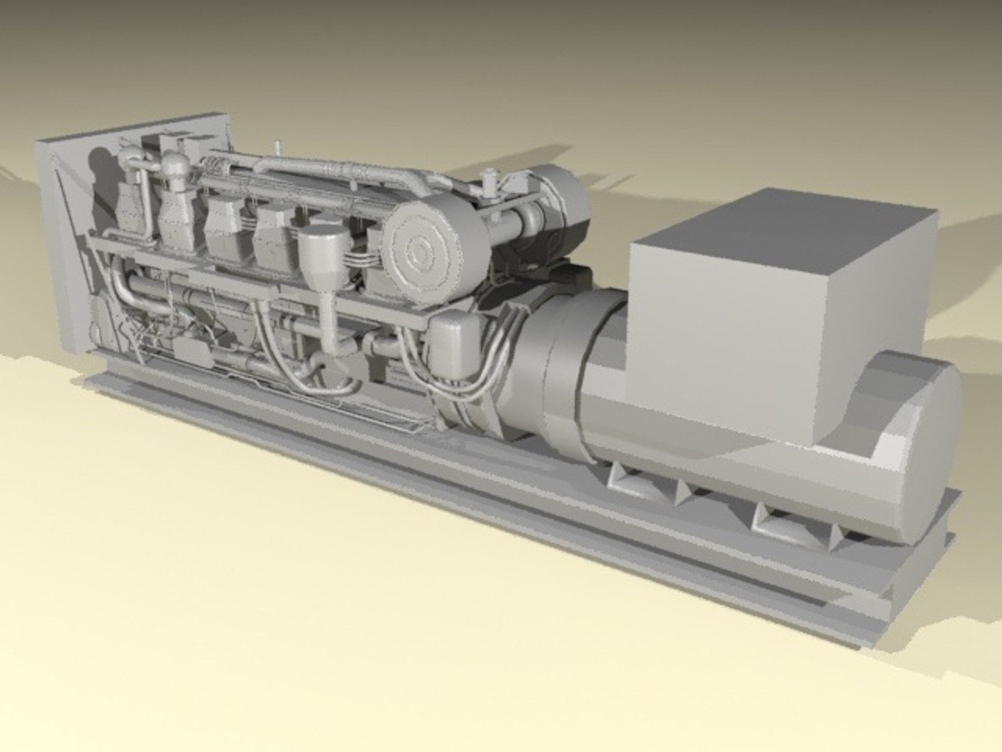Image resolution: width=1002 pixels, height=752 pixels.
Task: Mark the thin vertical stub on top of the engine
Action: (x=278, y=149)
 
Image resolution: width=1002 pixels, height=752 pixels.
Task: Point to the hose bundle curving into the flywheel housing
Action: (x=480, y=390)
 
